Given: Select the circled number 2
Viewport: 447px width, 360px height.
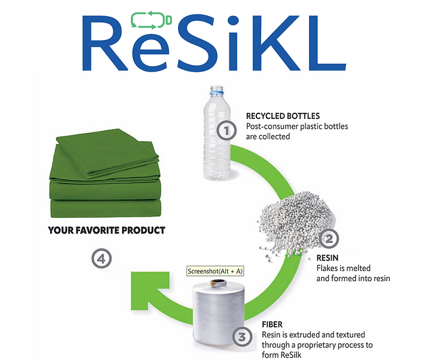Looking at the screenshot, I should (x=328, y=239).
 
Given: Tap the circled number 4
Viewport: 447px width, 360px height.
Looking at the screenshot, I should (x=102, y=259).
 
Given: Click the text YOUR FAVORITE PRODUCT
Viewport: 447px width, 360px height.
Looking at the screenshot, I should (x=106, y=230).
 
